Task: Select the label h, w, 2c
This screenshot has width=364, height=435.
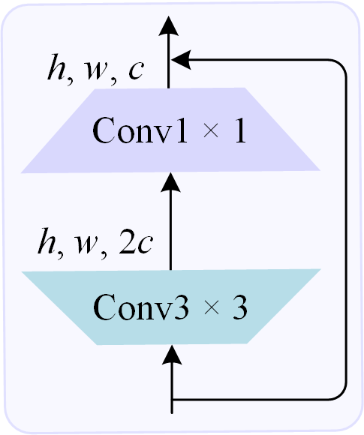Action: pos(95,244)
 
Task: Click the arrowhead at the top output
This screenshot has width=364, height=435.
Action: pos(170,28)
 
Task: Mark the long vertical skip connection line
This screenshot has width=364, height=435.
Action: pos(347,225)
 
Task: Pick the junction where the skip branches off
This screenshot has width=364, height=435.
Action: pos(173,398)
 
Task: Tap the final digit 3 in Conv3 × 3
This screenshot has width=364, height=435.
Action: pos(239,307)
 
